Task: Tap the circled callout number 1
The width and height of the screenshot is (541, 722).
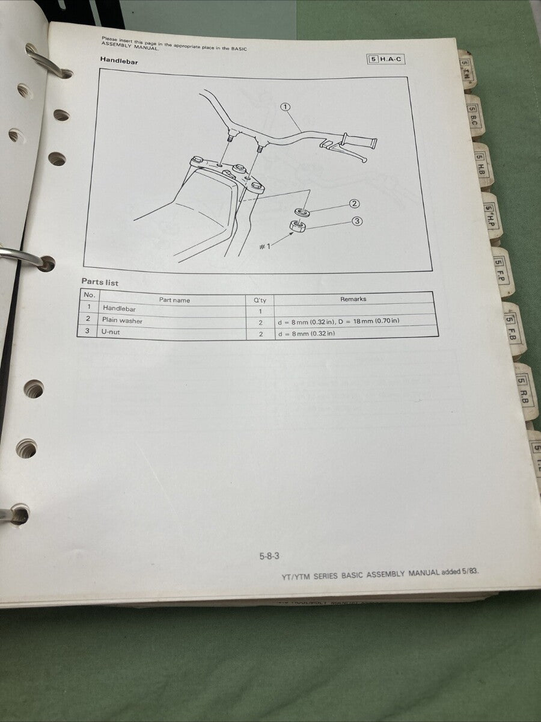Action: click(285, 107)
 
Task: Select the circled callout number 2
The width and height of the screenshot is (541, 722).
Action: click(355, 204)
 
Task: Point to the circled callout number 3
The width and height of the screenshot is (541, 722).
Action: click(357, 221)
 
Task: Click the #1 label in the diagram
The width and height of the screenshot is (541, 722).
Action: click(264, 245)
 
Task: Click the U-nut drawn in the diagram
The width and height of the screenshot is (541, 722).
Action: click(297, 226)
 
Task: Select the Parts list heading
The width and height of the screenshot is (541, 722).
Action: click(100, 282)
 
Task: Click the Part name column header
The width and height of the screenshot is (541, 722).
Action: click(174, 300)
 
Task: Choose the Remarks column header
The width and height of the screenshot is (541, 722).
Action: click(353, 298)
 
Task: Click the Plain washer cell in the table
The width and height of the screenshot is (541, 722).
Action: click(122, 321)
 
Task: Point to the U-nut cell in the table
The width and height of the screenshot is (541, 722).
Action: click(113, 332)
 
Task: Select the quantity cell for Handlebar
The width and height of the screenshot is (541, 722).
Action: click(261, 311)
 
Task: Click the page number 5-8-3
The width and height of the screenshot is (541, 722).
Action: click(269, 556)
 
